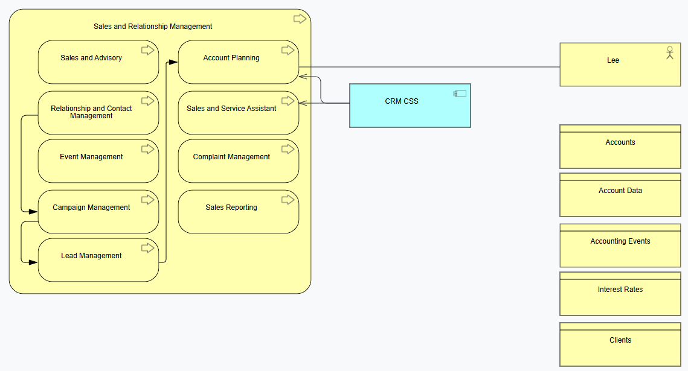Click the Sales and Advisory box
[98, 62]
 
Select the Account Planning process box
[238, 62]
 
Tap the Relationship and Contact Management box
[98, 113]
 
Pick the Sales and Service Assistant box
[238, 113]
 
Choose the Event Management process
[98, 161]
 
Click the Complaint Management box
[238, 161]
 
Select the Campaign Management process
[98, 212]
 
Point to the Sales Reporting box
[238, 212]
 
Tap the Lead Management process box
[98, 260]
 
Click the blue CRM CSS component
[410, 106]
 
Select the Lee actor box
[620, 65]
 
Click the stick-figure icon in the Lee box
[669, 52]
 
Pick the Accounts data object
[620, 147]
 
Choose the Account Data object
[620, 195]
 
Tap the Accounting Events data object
[620, 246]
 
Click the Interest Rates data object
[620, 294]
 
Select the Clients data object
[620, 344]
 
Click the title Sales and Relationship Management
[153, 27]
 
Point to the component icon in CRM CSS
[460, 94]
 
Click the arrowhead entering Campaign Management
[33, 212]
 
